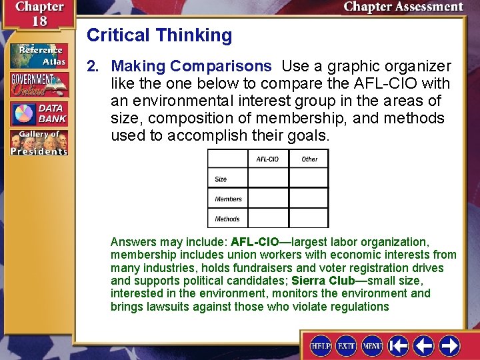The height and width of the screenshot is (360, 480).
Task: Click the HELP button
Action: pos(321,346)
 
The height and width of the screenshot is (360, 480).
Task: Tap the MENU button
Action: pos(371,346)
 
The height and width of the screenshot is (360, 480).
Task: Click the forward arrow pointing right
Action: pos(449,346)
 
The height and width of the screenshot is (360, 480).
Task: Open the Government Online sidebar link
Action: pos(38,85)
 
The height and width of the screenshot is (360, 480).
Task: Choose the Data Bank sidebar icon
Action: pos(38,113)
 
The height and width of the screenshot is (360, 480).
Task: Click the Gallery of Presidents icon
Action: pos(38,143)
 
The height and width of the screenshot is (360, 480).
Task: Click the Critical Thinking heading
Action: pos(159,35)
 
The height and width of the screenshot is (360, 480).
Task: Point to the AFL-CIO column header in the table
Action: pos(267,159)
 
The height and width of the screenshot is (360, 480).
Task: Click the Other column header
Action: pos(309,159)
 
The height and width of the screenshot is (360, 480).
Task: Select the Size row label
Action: pos(221,179)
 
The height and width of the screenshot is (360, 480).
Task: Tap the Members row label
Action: pos(228,199)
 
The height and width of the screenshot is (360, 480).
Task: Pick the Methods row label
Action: pos(227,219)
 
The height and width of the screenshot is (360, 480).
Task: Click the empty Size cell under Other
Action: pos(309,178)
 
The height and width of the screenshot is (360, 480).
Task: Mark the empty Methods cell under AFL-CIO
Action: pos(268,218)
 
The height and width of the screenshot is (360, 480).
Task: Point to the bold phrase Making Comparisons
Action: pos(191,67)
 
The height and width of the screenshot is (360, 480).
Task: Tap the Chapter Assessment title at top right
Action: pos(403,7)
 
